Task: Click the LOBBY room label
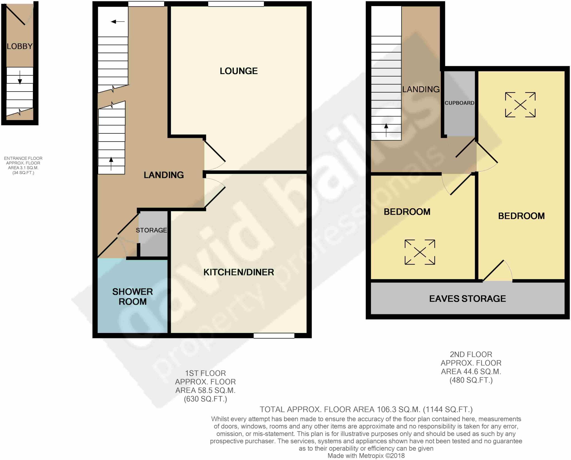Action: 20,46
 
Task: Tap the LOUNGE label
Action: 239,71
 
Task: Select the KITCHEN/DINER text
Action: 239,272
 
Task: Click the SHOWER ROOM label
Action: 132,296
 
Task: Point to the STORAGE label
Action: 151,230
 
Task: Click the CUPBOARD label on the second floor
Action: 459,103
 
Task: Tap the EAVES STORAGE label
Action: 467,299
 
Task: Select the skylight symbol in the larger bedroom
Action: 520,105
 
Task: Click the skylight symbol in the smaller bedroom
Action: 420,252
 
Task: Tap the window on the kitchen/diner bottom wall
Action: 274,336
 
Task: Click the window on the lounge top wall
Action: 236,4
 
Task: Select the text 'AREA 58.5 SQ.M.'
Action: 205,390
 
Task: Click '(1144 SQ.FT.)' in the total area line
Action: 448,409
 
